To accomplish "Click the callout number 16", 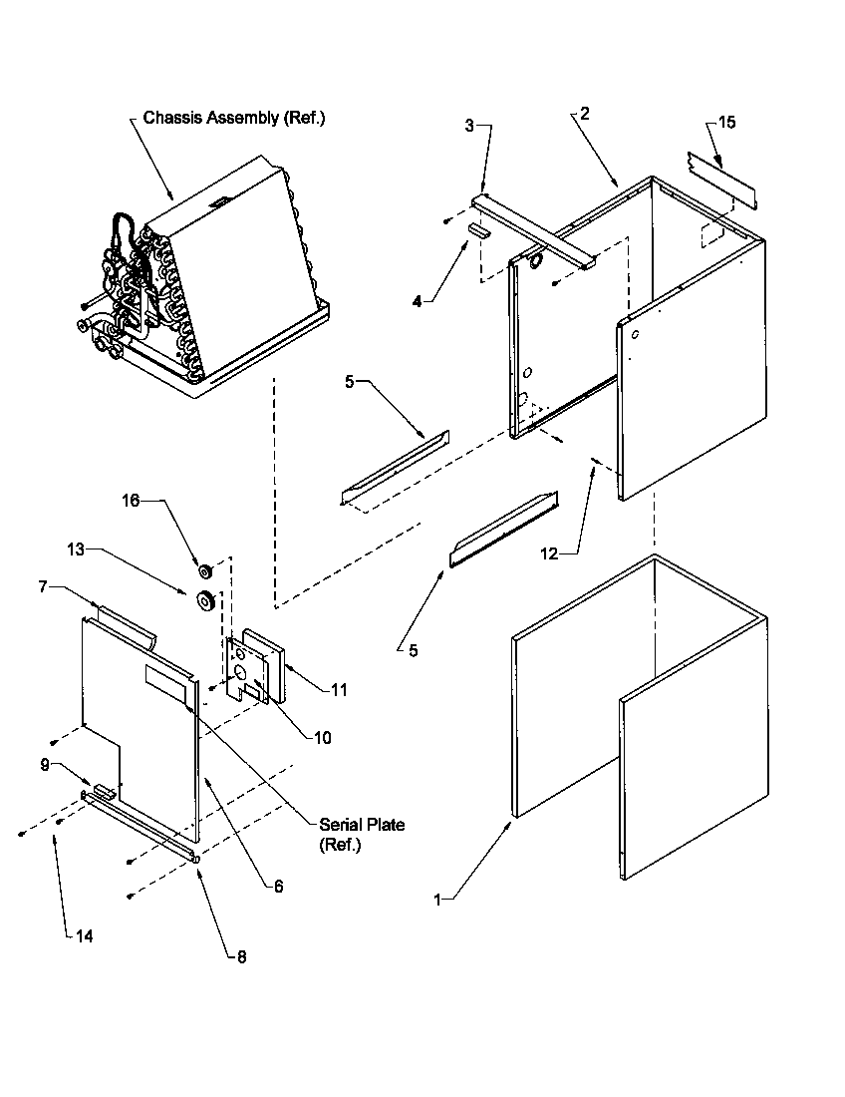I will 131,501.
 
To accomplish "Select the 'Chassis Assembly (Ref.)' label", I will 234,118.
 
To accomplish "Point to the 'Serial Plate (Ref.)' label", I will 362,835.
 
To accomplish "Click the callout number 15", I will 726,122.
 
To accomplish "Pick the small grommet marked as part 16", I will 206,571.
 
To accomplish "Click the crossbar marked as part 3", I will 533,230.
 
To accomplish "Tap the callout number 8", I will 241,956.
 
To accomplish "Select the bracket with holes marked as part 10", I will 243,670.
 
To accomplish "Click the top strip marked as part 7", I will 126,622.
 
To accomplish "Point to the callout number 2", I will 584,114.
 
